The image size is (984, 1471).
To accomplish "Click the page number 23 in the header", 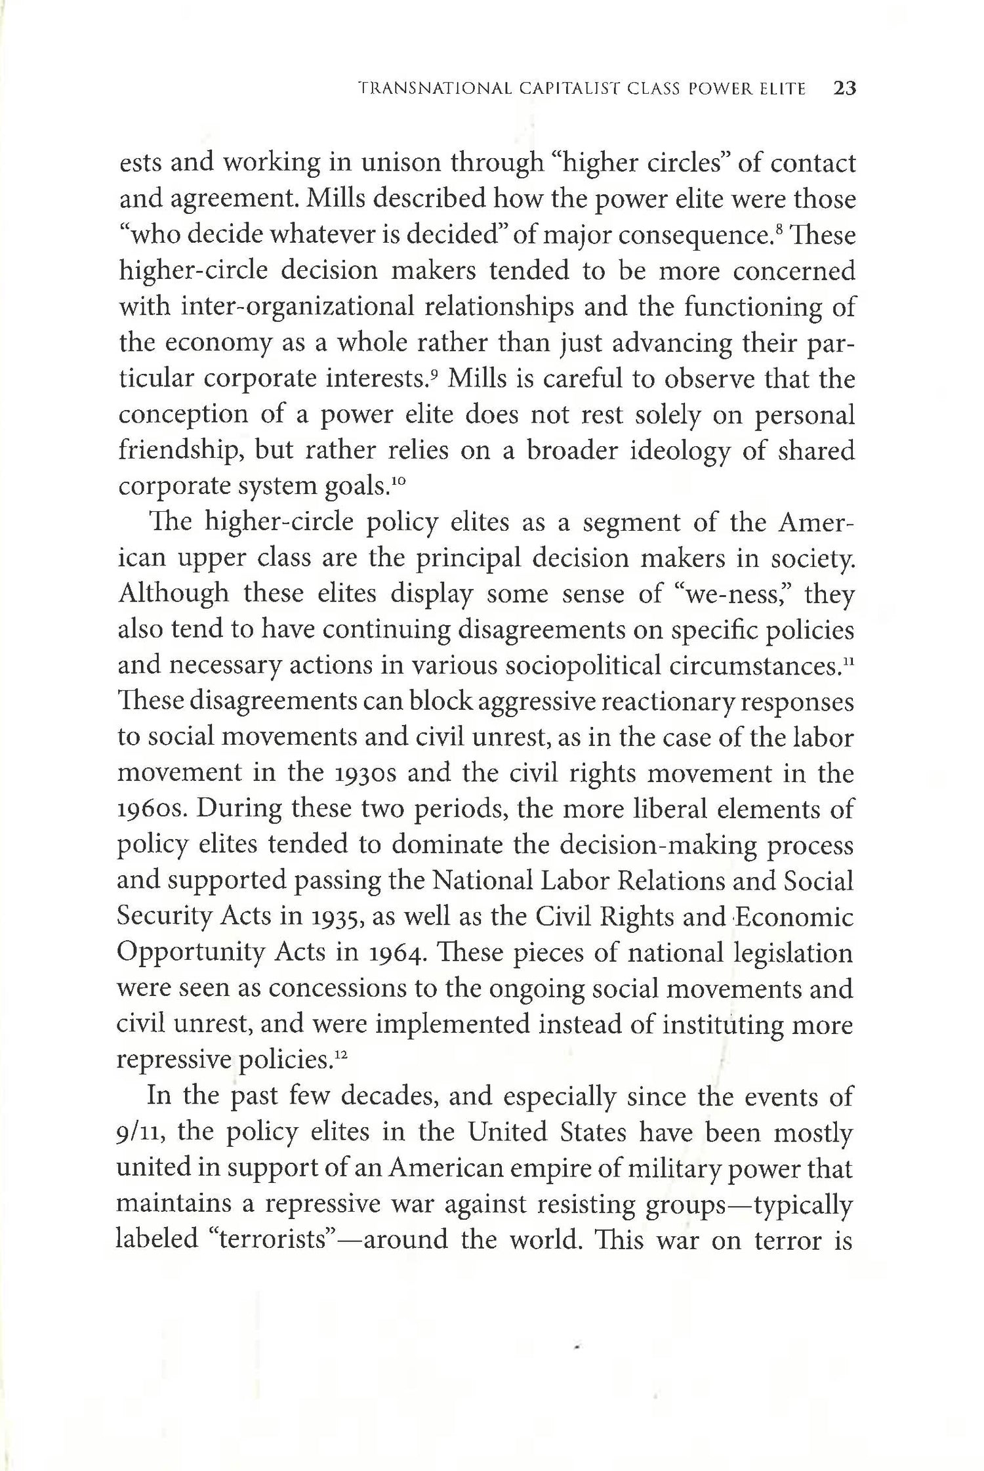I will point(845,89).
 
